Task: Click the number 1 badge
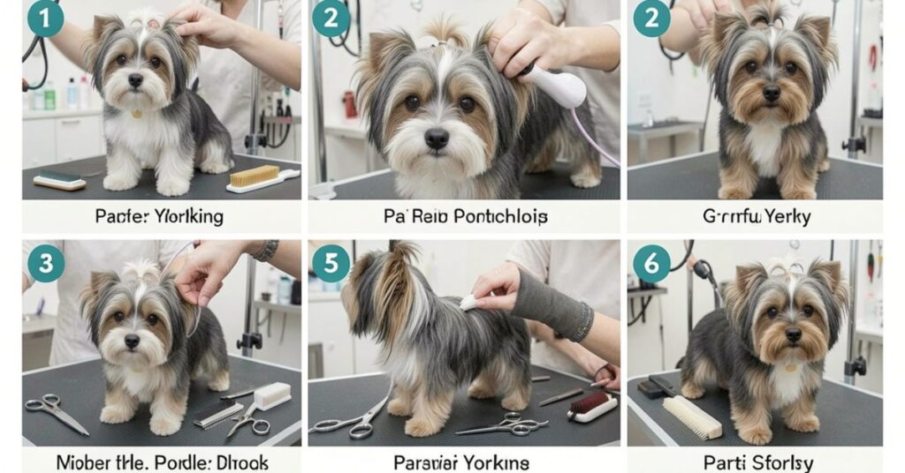coord(45,19)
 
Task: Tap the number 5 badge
coord(331,262)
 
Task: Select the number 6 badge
coord(651,262)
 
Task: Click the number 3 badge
coord(45,262)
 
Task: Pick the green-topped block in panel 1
coord(59,180)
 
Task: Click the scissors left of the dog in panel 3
coord(57,413)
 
